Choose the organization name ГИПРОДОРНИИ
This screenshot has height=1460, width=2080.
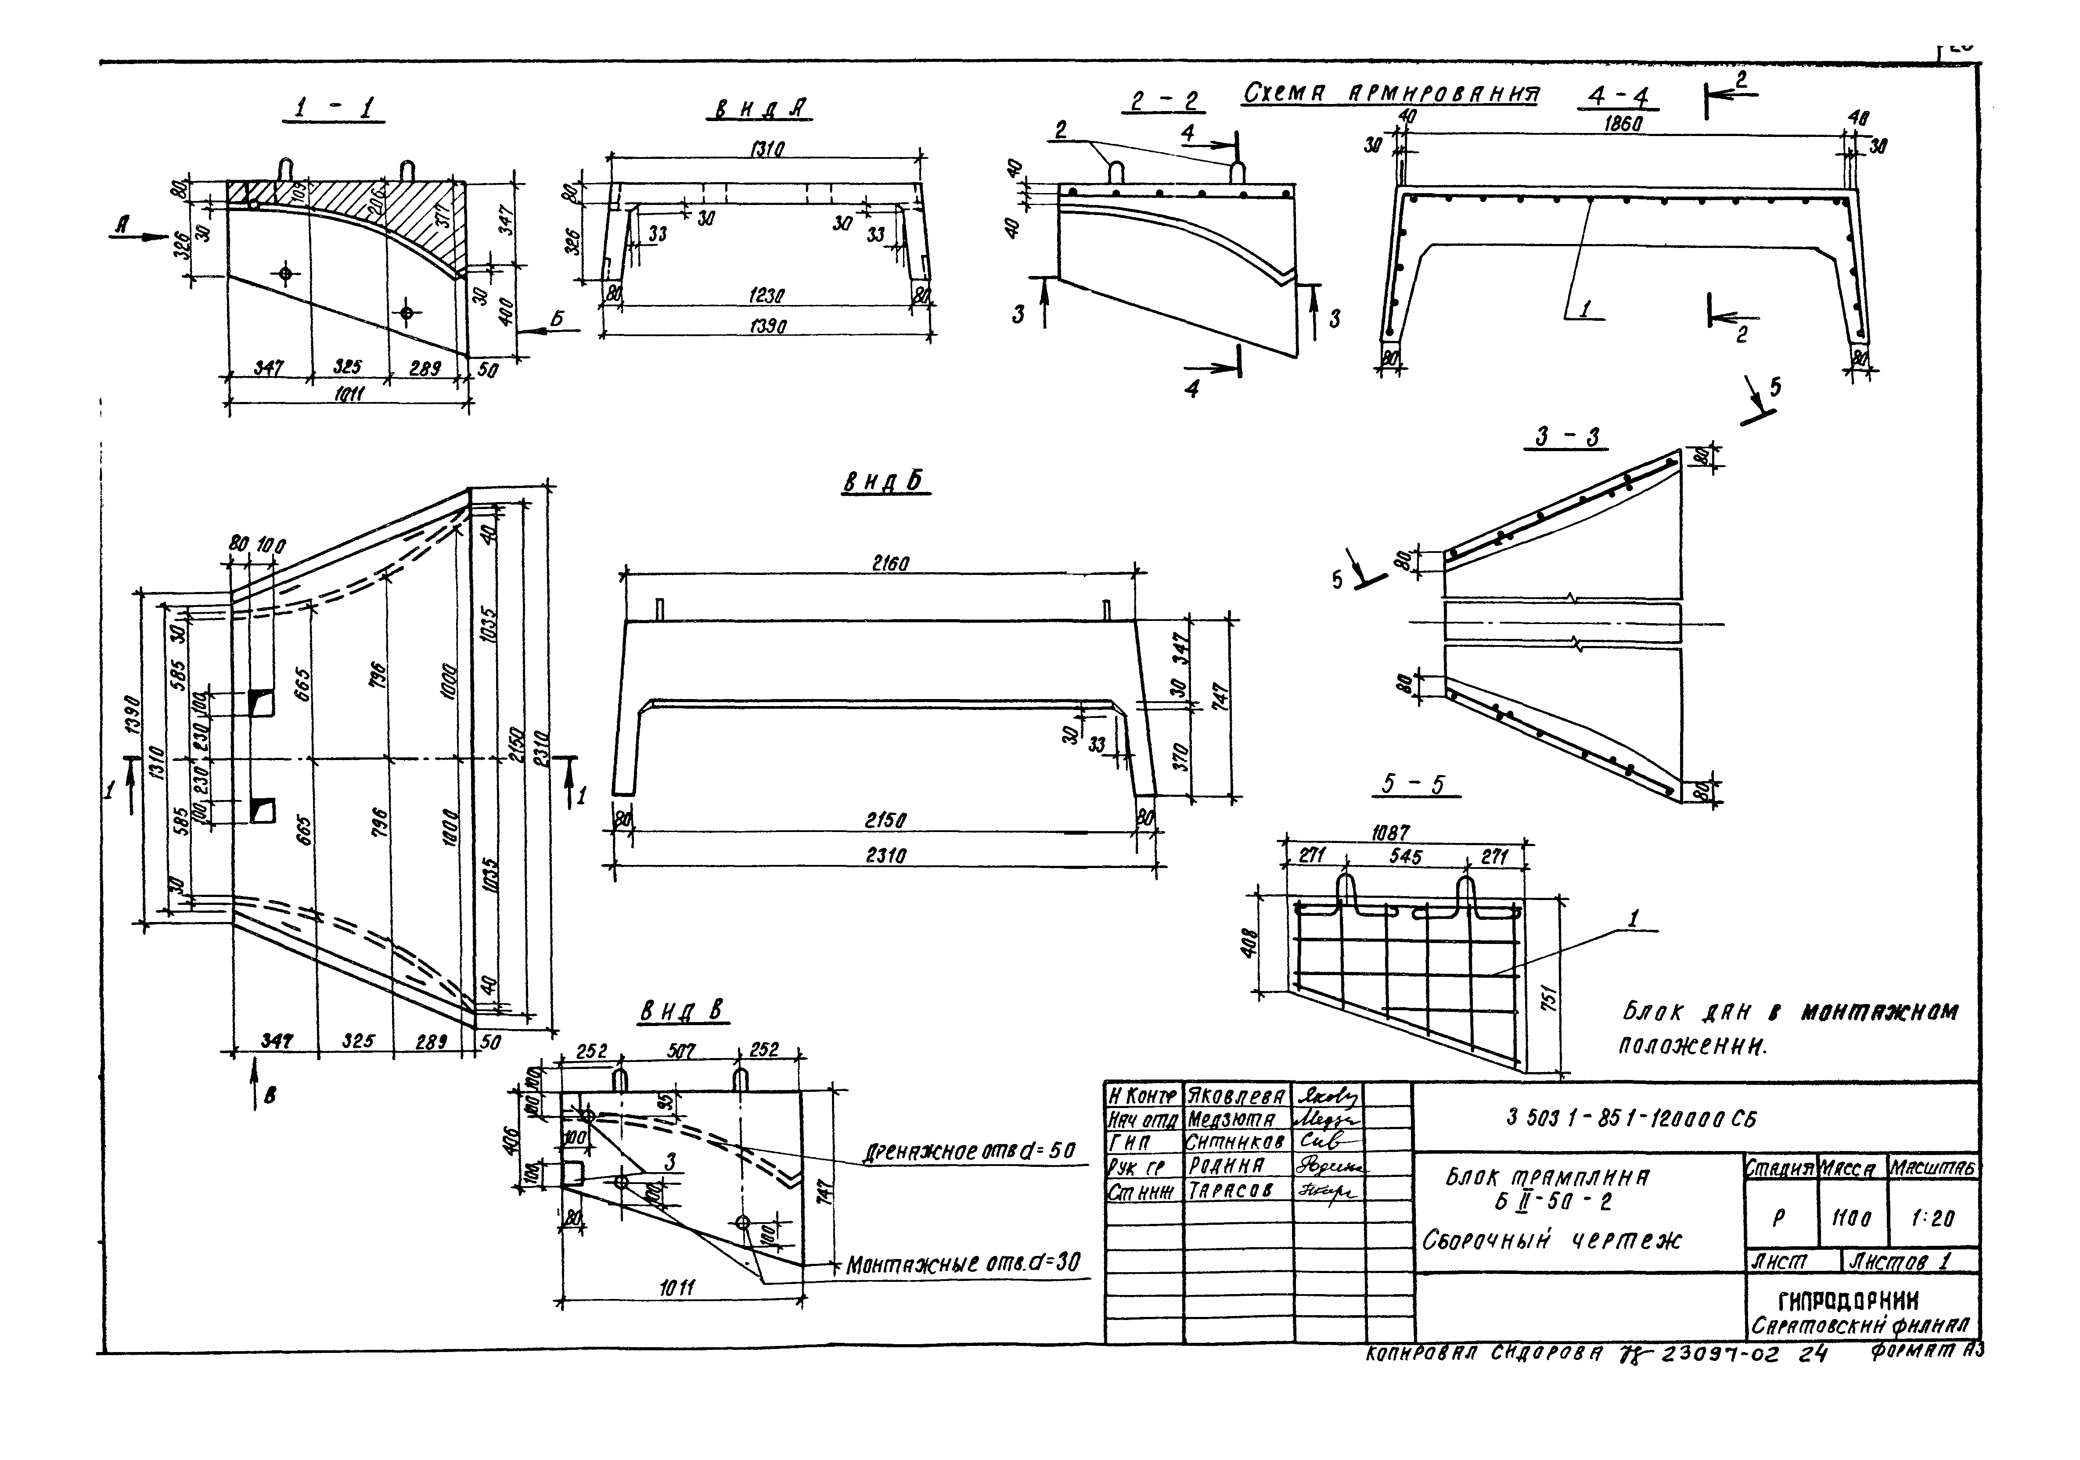(x=1848, y=1302)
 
